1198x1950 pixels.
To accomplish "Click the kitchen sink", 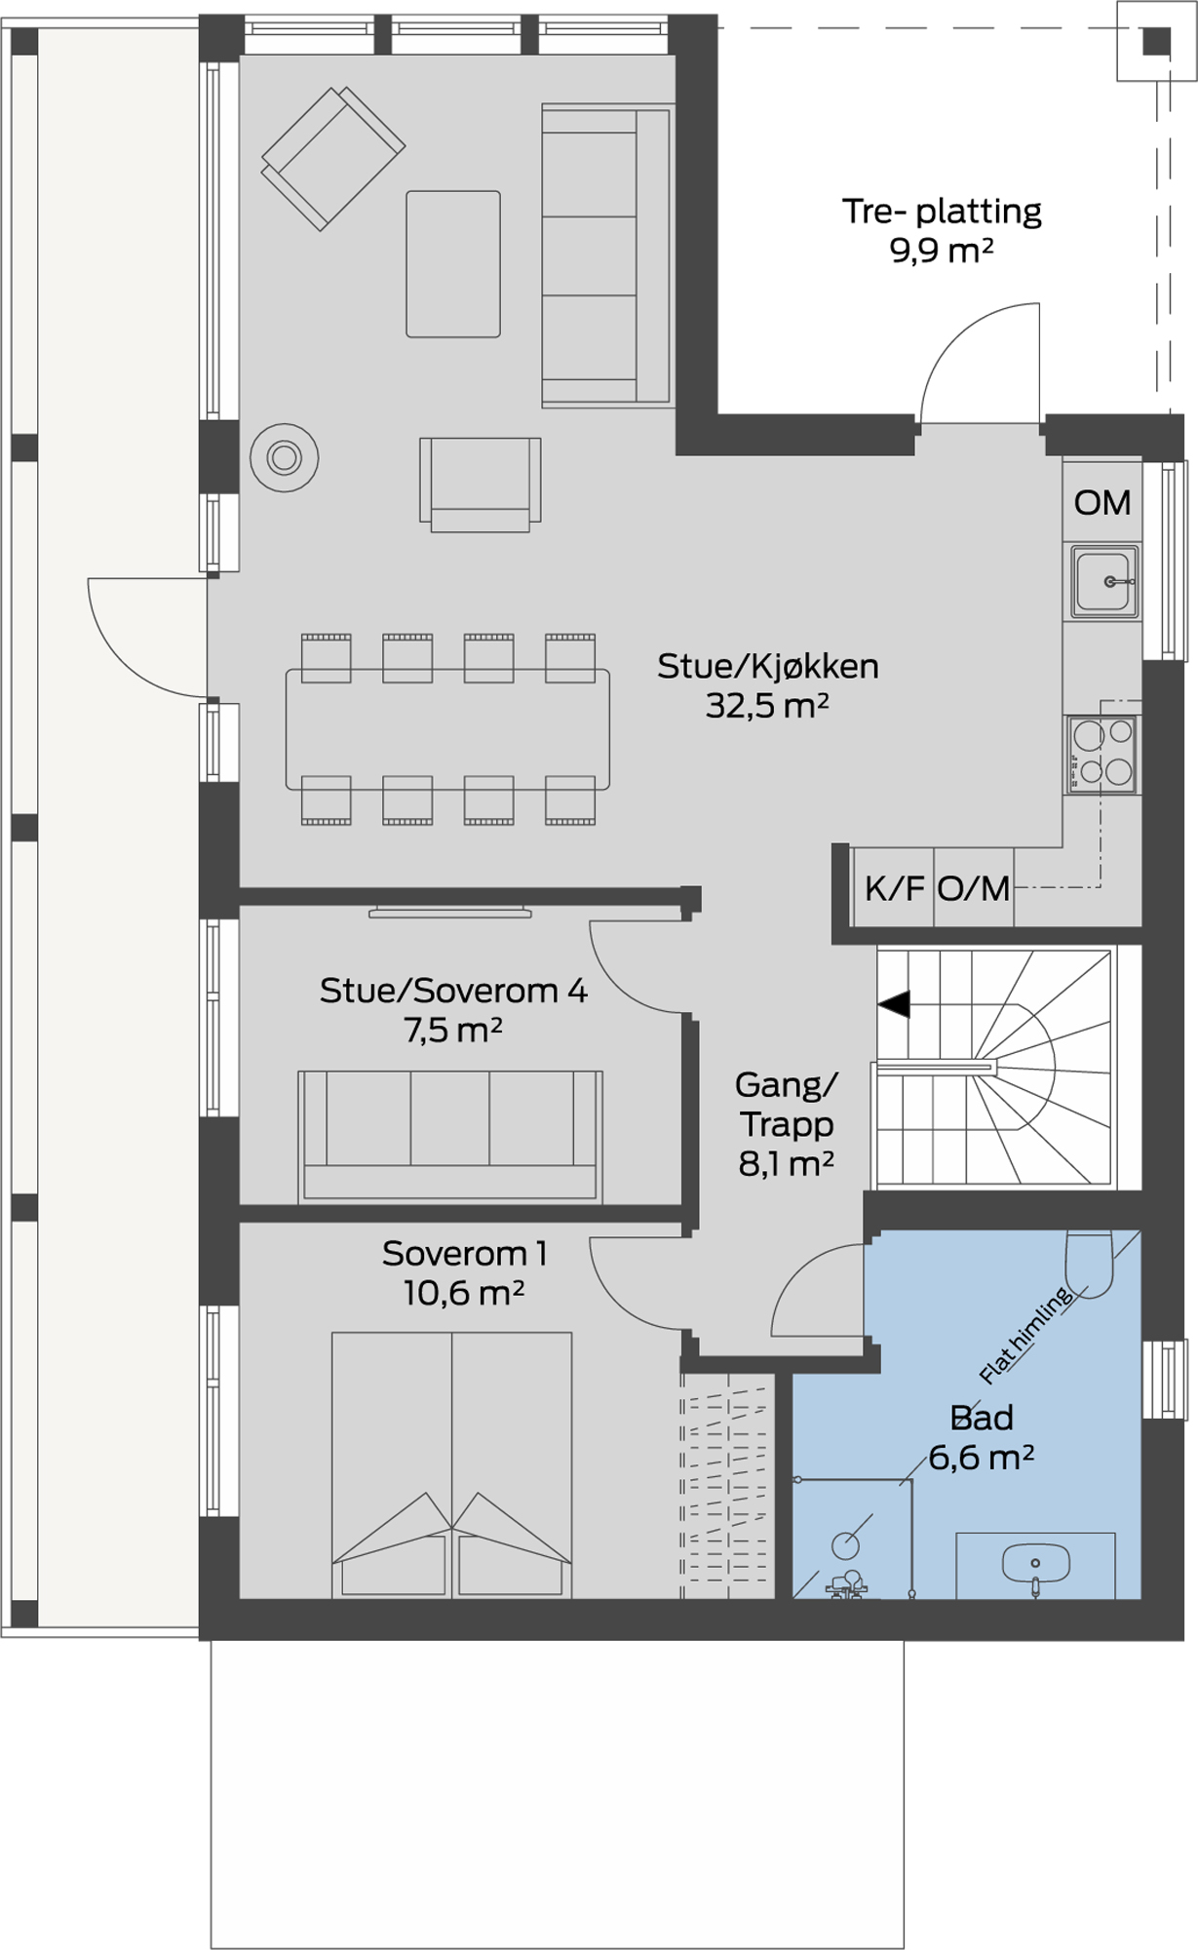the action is point(1104,581).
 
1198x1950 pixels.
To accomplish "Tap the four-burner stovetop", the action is point(1103,754).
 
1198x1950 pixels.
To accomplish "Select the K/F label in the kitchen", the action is point(894,888).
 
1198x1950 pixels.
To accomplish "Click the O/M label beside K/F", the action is point(974,888).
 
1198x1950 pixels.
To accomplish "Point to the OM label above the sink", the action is point(1102,503).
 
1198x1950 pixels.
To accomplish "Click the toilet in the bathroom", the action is point(1089,1264).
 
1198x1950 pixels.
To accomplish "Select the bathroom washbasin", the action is point(1035,1563).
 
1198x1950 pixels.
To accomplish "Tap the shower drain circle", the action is point(845,1544).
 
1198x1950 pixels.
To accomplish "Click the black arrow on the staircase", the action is point(894,1004).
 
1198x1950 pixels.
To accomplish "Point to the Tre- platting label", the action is point(942,212).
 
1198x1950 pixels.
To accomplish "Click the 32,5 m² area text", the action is point(767,706).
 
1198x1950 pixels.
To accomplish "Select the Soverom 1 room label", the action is point(464,1254).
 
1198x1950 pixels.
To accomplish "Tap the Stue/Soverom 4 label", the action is point(454,992).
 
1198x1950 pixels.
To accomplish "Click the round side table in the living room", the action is point(284,457).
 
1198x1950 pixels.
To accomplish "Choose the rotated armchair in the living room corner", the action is point(332,157).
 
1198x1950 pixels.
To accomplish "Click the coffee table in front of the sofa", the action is point(453,264).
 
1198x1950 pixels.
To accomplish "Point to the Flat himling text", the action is point(1026,1335).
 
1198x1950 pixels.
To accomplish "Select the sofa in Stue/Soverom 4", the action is point(450,1136).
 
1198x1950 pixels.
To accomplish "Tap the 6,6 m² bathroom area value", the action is point(981,1459).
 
